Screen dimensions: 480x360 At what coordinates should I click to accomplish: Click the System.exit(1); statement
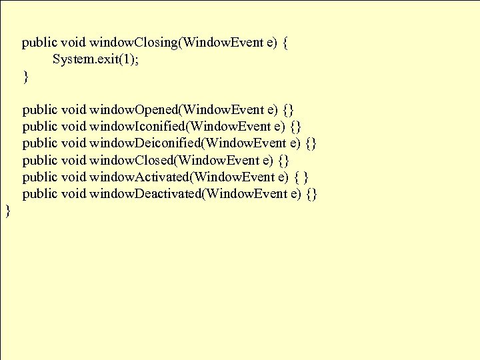(97, 60)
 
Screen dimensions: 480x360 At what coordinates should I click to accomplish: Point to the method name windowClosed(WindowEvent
(174, 160)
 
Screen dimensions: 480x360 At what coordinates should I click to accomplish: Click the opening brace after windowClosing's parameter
(285, 44)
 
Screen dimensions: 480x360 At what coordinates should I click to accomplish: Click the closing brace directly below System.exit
(26, 77)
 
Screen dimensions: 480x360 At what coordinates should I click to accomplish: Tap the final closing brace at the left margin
(8, 211)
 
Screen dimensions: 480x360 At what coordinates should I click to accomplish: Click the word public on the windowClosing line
(39, 43)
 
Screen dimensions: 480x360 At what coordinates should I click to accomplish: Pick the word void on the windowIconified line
(73, 126)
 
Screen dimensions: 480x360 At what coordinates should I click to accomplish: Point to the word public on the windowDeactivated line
(39, 194)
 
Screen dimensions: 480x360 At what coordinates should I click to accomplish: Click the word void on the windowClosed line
(73, 160)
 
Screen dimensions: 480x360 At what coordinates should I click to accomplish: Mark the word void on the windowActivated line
(73, 177)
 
